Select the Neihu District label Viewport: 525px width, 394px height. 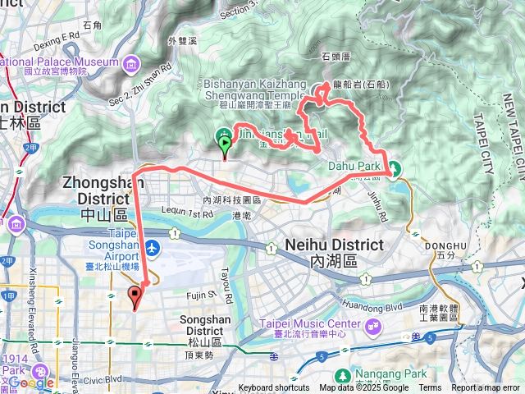(334, 251)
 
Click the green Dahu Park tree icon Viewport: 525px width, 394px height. (395, 169)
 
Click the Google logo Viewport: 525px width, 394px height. (31, 382)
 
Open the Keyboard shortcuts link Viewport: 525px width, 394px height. (274, 388)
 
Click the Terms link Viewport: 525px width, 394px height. (430, 388)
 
